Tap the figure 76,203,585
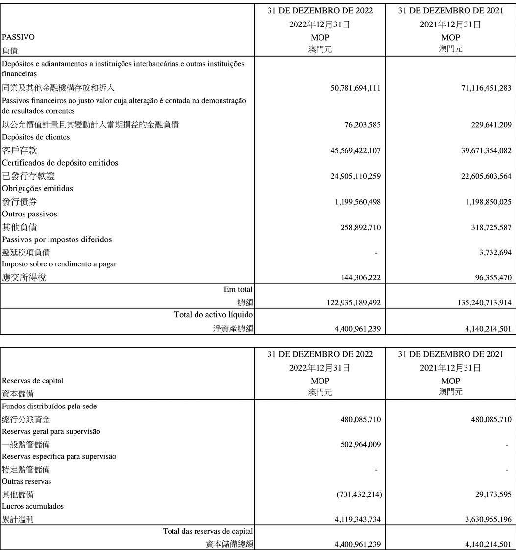[x=363, y=125]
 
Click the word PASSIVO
[x=19, y=37]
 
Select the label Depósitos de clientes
[x=36, y=137]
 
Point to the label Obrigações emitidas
[x=37, y=188]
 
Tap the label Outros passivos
[x=29, y=214]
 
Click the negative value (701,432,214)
[x=359, y=495]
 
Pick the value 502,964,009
[x=361, y=445]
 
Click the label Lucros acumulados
[x=33, y=506]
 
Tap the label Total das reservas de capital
[x=208, y=531]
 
